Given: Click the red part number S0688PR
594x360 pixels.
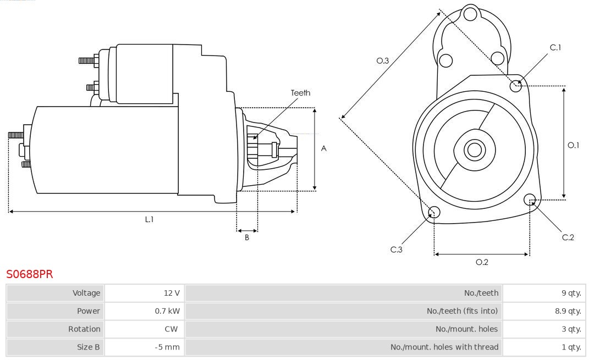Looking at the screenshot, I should click(x=30, y=274).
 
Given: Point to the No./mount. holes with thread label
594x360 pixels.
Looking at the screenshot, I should click(x=444, y=347).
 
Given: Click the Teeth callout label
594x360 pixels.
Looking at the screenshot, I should click(x=300, y=93).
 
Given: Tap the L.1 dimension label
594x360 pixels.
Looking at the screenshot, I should click(x=149, y=219).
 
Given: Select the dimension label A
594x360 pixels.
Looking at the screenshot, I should click(x=324, y=148).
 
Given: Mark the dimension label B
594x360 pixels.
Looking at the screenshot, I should click(x=247, y=238).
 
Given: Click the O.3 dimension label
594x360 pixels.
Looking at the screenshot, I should click(x=383, y=61).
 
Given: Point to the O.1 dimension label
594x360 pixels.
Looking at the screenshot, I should click(x=573, y=145).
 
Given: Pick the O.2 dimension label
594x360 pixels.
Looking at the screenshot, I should click(x=482, y=262).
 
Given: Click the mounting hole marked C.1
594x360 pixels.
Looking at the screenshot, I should click(x=516, y=85).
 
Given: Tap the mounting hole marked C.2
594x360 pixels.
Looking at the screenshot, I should click(x=530, y=199).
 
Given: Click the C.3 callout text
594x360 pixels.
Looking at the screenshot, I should click(x=397, y=250).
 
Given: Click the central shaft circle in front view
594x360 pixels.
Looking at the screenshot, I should click(x=473, y=149).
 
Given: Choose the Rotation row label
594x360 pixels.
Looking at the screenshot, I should click(x=84, y=329).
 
